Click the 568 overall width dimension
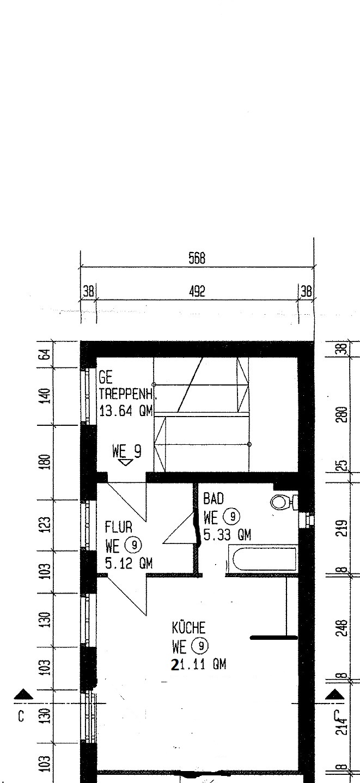(197, 258)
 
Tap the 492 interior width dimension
(197, 291)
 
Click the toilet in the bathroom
(284, 503)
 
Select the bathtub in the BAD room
(264, 559)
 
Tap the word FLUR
(119, 527)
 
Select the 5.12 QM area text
(129, 564)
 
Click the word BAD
(213, 499)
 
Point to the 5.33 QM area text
(227, 535)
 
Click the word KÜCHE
(188, 628)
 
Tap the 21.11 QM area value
(199, 664)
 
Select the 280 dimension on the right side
(343, 414)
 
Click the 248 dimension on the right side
(343, 628)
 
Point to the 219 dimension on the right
(343, 529)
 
